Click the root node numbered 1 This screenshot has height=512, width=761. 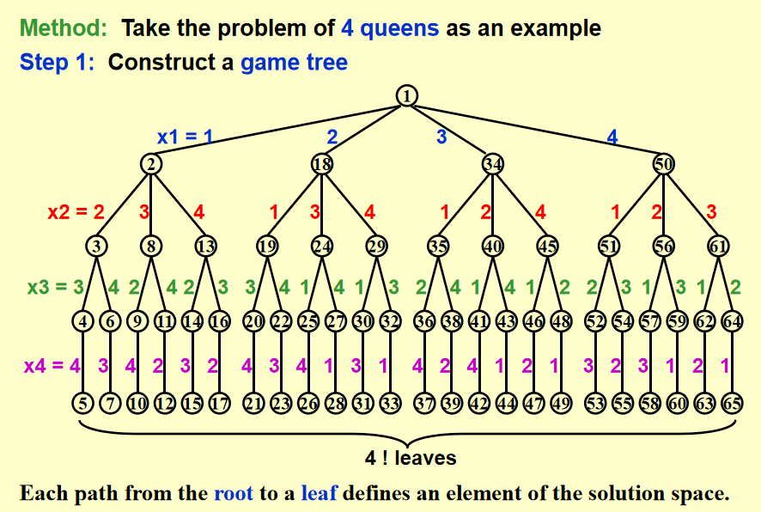(406, 96)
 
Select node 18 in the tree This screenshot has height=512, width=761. (322, 163)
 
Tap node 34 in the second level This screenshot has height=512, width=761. (492, 163)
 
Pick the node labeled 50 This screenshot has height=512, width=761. (664, 163)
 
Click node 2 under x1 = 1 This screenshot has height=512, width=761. (151, 163)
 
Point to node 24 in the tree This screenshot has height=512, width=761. (322, 245)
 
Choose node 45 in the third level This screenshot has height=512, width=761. (547, 245)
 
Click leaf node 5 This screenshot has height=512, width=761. (82, 401)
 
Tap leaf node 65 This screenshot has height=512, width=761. (732, 401)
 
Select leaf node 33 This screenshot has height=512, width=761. (391, 401)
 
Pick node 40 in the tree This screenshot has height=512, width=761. (492, 245)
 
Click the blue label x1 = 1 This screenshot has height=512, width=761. (185, 137)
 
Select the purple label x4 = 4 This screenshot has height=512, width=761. (52, 364)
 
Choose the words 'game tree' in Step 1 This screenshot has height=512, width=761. (294, 63)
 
